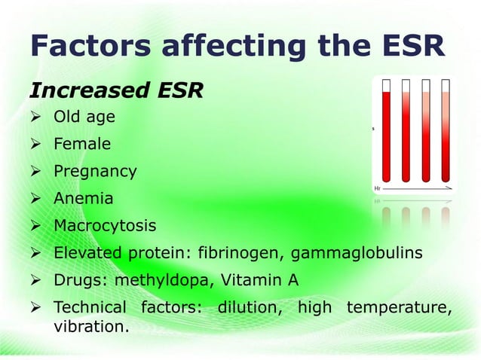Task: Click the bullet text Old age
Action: (84, 117)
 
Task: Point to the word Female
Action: (81, 144)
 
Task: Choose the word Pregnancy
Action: (94, 171)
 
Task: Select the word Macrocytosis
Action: (104, 226)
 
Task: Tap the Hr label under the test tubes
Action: (377, 188)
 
